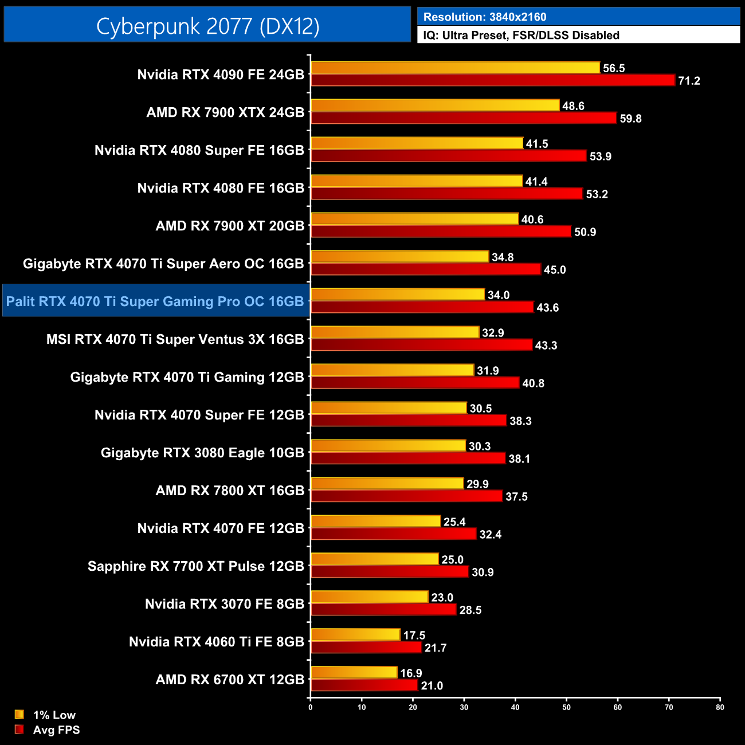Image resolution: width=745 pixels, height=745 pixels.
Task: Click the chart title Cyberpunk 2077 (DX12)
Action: click(x=207, y=26)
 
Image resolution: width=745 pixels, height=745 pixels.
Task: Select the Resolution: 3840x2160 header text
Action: click(x=485, y=17)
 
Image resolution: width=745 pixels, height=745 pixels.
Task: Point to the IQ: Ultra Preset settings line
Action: click(x=521, y=36)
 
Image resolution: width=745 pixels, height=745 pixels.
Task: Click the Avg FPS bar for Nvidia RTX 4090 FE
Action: click(x=493, y=80)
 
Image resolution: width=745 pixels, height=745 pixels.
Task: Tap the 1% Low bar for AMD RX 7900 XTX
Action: click(x=435, y=105)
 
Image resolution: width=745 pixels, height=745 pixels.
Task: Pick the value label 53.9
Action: click(x=600, y=156)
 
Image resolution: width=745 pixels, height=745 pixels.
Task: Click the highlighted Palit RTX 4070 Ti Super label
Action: click(x=155, y=301)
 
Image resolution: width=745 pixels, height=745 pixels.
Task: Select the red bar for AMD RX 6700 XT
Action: click(x=364, y=685)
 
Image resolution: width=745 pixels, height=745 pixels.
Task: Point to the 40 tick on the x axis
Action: click(x=515, y=707)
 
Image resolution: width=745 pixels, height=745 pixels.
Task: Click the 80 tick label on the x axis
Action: click(x=720, y=707)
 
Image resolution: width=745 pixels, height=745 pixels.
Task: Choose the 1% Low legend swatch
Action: click(x=19, y=715)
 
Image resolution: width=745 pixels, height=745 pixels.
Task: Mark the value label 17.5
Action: click(x=414, y=636)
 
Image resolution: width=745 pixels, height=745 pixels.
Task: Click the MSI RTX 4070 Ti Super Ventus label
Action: click(x=175, y=339)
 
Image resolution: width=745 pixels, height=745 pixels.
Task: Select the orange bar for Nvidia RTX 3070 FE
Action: click(x=370, y=597)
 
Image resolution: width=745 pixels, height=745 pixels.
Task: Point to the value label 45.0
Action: click(x=554, y=270)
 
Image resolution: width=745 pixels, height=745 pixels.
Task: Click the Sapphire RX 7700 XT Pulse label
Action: click(x=195, y=566)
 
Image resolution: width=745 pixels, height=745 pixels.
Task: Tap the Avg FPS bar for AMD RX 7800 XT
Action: click(x=406, y=496)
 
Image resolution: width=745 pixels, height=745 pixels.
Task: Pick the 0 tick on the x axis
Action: click(x=311, y=707)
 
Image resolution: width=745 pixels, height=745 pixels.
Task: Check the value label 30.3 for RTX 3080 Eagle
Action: click(x=479, y=446)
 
